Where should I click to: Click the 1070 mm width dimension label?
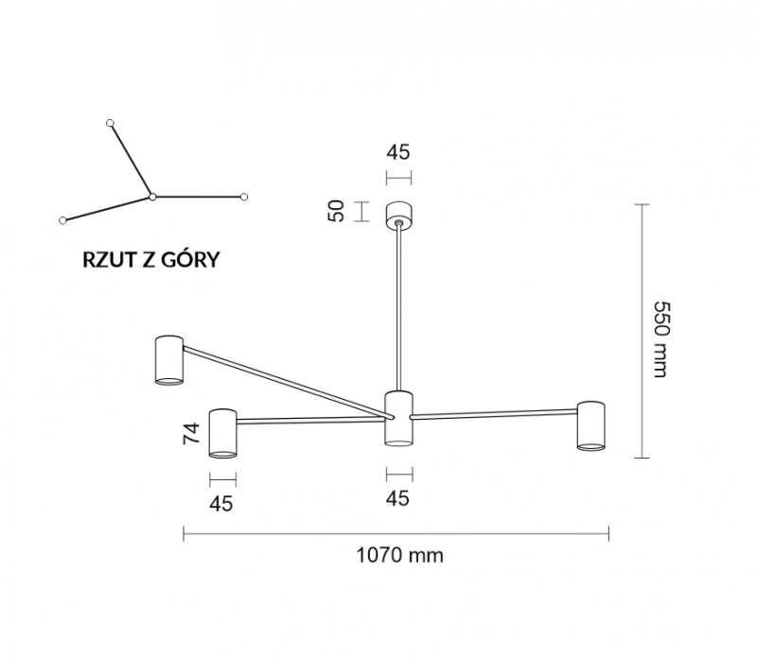pyautogui.click(x=399, y=556)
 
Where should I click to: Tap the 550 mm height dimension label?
pyautogui.click(x=660, y=339)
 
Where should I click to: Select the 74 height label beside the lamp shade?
pyautogui.click(x=191, y=433)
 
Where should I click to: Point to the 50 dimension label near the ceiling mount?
pyautogui.click(x=337, y=211)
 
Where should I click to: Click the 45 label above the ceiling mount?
pyautogui.click(x=398, y=152)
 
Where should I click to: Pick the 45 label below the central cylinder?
pyautogui.click(x=397, y=498)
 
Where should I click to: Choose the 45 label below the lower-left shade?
pyautogui.click(x=221, y=504)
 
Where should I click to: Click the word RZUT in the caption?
pyautogui.click(x=109, y=260)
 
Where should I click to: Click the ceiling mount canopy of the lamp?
pyautogui.click(x=398, y=216)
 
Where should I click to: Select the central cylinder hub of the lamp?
pyautogui.click(x=398, y=418)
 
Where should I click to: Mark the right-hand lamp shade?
pyautogui.click(x=590, y=426)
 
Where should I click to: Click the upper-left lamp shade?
pyautogui.click(x=169, y=360)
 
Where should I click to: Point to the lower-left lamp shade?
pyautogui.click(x=222, y=433)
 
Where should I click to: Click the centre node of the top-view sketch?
pyautogui.click(x=152, y=197)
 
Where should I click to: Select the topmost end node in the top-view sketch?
pyautogui.click(x=110, y=123)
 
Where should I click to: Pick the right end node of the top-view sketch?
pyautogui.click(x=244, y=197)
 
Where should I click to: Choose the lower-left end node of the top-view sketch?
pyautogui.click(x=62, y=220)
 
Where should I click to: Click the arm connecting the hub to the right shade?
pyautogui.click(x=493, y=414)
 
